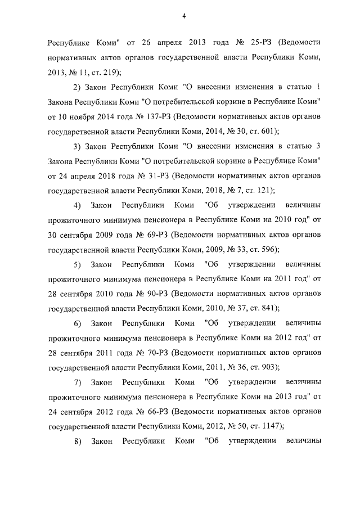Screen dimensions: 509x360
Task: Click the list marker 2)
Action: (x=78, y=87)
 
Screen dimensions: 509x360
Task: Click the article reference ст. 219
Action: (x=108, y=72)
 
